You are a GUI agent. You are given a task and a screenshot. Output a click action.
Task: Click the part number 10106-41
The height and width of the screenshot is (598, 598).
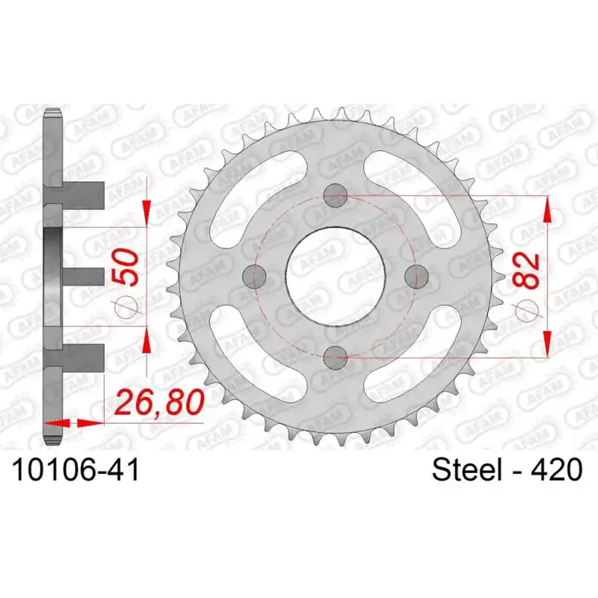76,470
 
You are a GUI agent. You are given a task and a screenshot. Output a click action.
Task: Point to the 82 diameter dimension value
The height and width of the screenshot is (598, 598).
527,271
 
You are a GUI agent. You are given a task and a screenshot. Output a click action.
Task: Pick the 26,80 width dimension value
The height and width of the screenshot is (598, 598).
160,403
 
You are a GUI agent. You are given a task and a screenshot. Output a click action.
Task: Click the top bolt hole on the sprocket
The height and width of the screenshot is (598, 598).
335,195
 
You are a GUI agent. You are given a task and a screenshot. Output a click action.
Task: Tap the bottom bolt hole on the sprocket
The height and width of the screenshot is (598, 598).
335,358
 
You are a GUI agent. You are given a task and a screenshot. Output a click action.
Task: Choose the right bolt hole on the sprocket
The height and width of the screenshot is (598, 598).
416,277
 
